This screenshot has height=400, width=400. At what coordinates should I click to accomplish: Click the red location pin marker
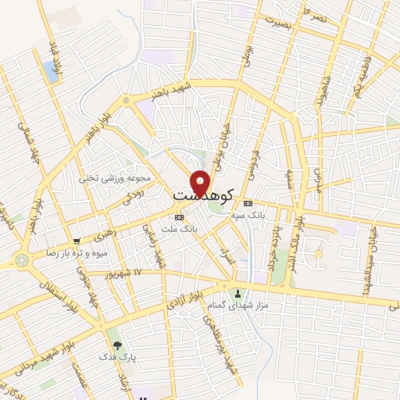[x=201, y=182]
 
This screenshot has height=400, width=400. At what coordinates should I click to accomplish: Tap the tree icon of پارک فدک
[x=116, y=344]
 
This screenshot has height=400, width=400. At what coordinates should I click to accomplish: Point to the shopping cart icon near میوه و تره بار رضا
[x=76, y=242]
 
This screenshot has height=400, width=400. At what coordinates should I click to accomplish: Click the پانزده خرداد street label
[x=275, y=240]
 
